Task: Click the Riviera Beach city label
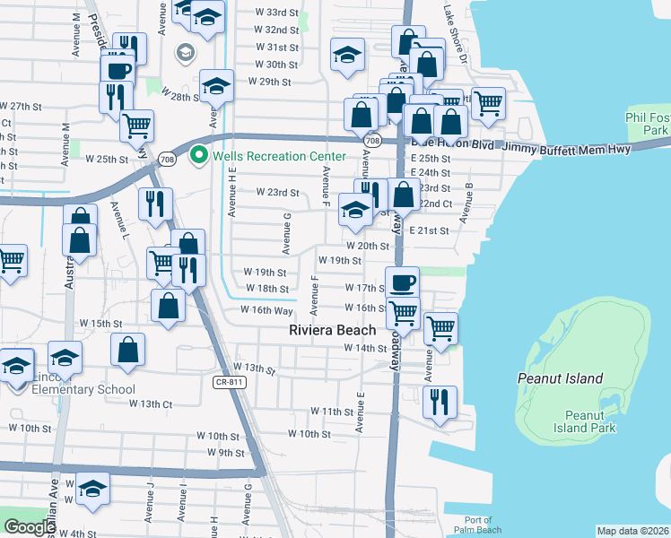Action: click(x=332, y=330)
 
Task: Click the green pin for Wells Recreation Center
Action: click(x=199, y=156)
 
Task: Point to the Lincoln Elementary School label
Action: click(x=83, y=383)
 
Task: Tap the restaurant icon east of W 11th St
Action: click(x=439, y=401)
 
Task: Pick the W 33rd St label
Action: click(x=276, y=13)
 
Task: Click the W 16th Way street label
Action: click(x=266, y=310)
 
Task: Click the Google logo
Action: click(x=29, y=527)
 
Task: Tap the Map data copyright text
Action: click(x=632, y=531)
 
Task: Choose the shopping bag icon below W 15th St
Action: click(x=128, y=350)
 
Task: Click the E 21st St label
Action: click(x=430, y=230)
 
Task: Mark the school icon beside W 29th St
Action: click(x=216, y=86)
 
